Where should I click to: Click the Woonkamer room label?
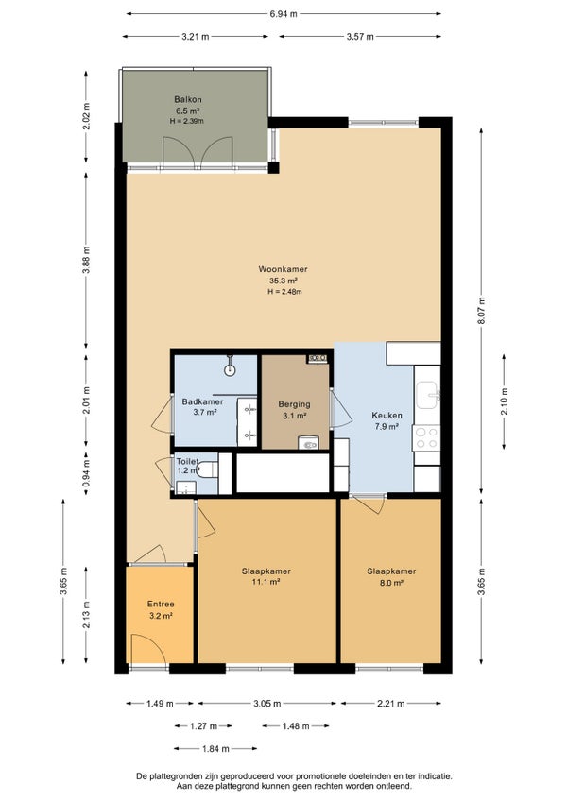pyautogui.click(x=283, y=269)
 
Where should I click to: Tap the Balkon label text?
pyautogui.click(x=188, y=99)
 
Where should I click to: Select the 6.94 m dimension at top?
pyautogui.click(x=283, y=14)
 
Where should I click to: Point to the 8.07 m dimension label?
pyautogui.click(x=481, y=311)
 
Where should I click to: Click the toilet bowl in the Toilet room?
pyautogui.click(x=208, y=469)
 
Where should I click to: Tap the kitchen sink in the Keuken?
pyautogui.click(x=427, y=395)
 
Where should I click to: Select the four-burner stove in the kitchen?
pyautogui.click(x=426, y=437)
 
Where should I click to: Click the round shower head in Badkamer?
pyautogui.click(x=231, y=370)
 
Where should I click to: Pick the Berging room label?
pyautogui.click(x=294, y=404)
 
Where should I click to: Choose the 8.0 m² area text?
pyautogui.click(x=391, y=582)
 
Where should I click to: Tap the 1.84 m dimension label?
pyautogui.click(x=215, y=749)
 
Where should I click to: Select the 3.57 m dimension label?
pyautogui.click(x=360, y=36)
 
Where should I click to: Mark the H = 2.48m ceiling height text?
pyautogui.click(x=284, y=292)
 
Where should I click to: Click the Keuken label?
pyautogui.click(x=387, y=416)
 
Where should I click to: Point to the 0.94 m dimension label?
pyautogui.click(x=86, y=473)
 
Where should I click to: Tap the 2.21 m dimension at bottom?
pyautogui.click(x=390, y=704)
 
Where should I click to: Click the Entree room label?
pyautogui.click(x=161, y=605)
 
